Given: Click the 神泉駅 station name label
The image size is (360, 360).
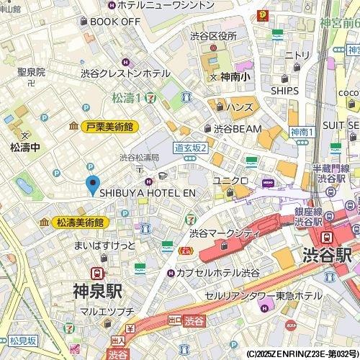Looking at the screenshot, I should (x=97, y=292).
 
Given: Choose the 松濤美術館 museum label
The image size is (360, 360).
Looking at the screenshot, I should (x=78, y=222).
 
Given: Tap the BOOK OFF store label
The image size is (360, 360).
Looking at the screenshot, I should (x=114, y=22).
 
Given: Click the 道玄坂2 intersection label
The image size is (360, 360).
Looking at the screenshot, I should (x=191, y=148).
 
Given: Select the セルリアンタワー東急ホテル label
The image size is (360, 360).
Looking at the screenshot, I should (x=274, y=296).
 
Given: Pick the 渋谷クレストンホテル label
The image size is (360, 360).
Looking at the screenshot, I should (x=125, y=73).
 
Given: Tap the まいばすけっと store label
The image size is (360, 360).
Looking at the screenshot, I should (x=105, y=246).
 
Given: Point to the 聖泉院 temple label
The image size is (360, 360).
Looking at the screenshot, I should (x=32, y=72).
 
